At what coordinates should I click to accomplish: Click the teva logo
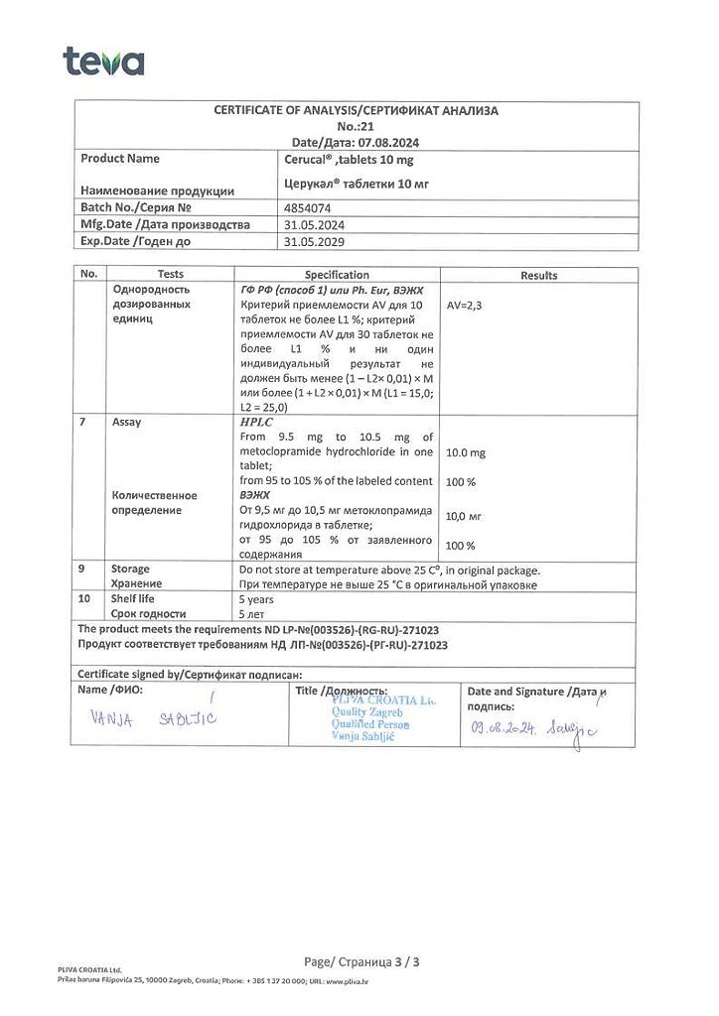coord(103,62)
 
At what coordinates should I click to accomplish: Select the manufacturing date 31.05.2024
coord(315,224)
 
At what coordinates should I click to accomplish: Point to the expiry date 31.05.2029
coord(315,240)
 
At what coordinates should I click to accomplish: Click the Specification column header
coord(337,275)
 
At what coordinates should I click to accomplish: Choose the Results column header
coord(539,275)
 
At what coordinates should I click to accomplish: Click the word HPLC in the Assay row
coord(255,422)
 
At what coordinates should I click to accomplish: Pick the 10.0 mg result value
coord(466,452)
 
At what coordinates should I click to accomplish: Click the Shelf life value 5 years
coord(257,599)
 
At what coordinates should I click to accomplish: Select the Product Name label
coord(120,159)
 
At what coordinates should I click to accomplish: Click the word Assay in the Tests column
coord(127,422)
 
